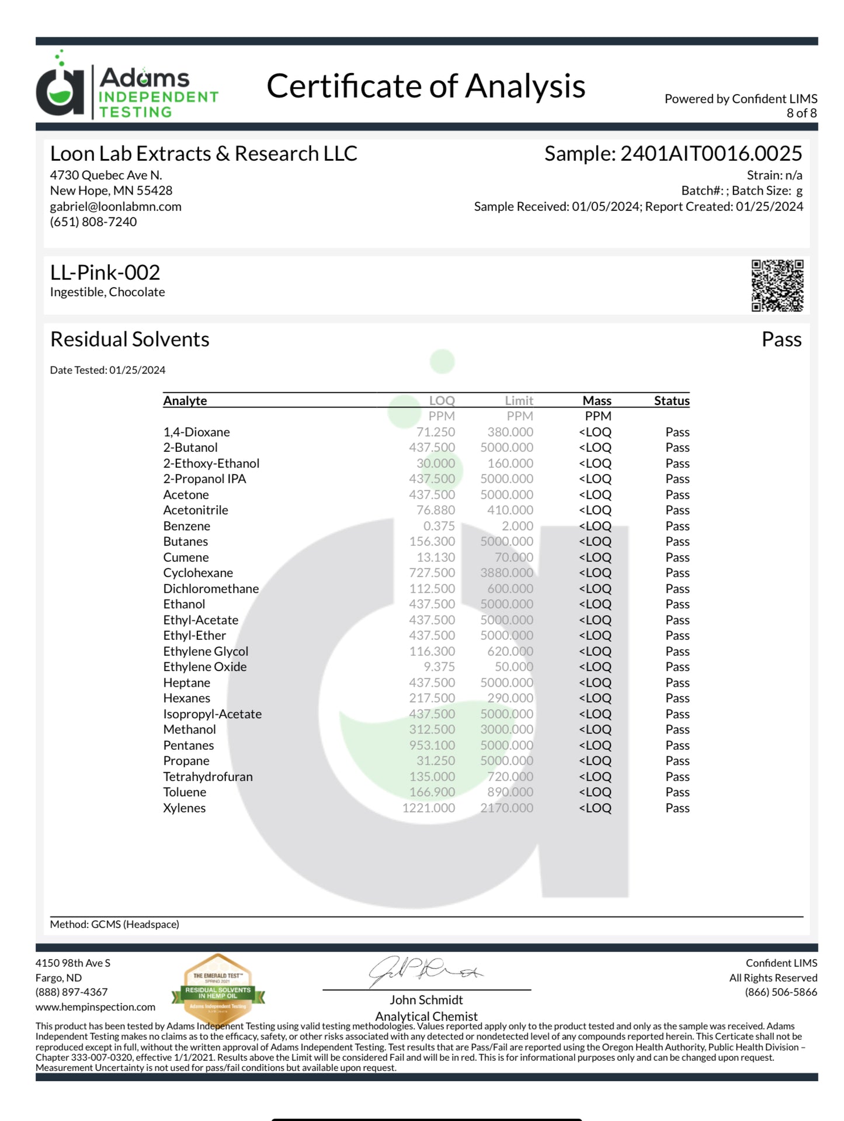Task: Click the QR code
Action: click(x=777, y=285)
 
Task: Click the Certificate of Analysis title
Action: click(x=426, y=87)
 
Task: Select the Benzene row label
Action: click(x=187, y=526)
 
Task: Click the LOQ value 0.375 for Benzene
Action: click(x=439, y=526)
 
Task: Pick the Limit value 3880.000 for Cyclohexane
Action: click(x=506, y=573)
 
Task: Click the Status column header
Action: click(x=671, y=400)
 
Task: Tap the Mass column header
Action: click(x=596, y=400)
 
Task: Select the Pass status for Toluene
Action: click(x=677, y=792)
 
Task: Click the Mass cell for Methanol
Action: click(x=595, y=729)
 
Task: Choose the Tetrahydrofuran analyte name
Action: click(x=208, y=777)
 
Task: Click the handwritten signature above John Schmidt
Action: click(x=425, y=971)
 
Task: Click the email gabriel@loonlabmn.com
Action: click(x=116, y=206)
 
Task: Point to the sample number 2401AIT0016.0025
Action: click(x=710, y=154)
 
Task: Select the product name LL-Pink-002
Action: click(x=105, y=272)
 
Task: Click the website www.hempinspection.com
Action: click(x=95, y=1007)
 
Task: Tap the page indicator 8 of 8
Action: click(x=801, y=113)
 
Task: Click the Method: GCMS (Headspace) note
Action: click(x=114, y=924)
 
